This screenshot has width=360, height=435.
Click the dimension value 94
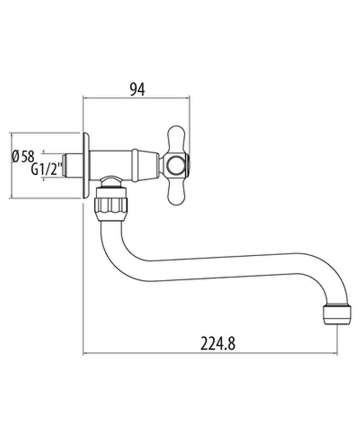[x=137, y=89]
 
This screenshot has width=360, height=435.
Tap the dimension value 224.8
[x=218, y=344]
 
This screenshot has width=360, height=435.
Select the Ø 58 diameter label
[x=23, y=156]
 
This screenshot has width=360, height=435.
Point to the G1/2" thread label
[x=47, y=169]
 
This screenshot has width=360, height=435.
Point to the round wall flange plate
[x=86, y=165]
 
